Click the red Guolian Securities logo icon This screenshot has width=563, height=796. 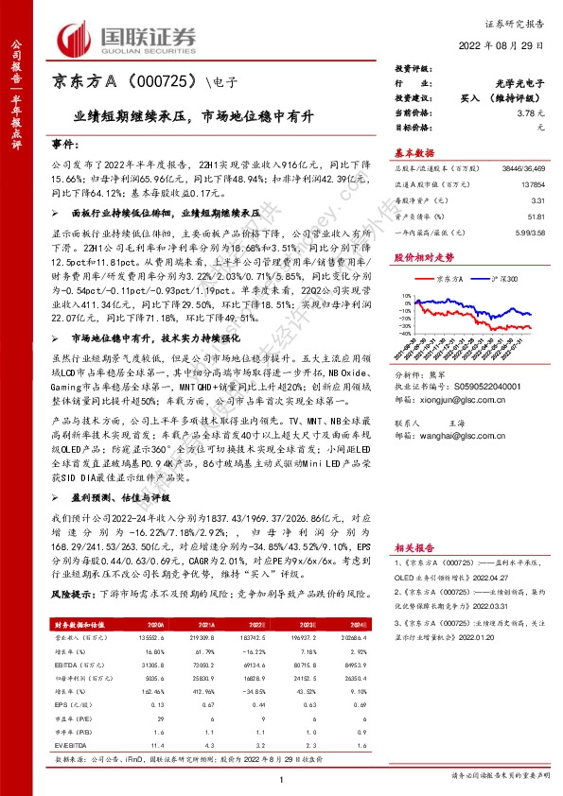click(74, 35)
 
